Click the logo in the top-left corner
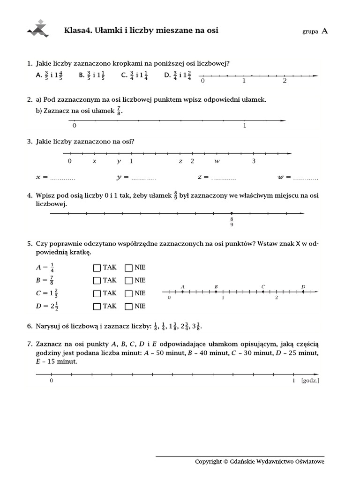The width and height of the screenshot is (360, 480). [x=38, y=29]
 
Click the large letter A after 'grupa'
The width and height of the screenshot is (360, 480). [x=325, y=31]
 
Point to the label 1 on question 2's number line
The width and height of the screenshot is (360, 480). [x=244, y=126]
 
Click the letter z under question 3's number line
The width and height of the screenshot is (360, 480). [x=180, y=161]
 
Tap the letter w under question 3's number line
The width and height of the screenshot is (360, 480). [x=217, y=161]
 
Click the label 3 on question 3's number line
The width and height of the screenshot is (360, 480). [x=254, y=161]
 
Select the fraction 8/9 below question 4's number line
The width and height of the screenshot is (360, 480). [x=232, y=221]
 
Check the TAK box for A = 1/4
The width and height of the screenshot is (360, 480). [x=97, y=268]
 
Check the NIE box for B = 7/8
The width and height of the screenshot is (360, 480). [x=128, y=280]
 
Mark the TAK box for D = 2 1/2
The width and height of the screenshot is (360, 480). [x=97, y=306]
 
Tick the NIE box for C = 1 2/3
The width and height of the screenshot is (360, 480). [x=128, y=293]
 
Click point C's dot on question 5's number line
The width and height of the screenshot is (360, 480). [x=263, y=292]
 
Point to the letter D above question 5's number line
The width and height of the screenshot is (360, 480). [x=303, y=286]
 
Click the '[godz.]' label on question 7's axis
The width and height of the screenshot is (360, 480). [x=310, y=381]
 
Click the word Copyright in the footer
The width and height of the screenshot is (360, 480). [x=208, y=462]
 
